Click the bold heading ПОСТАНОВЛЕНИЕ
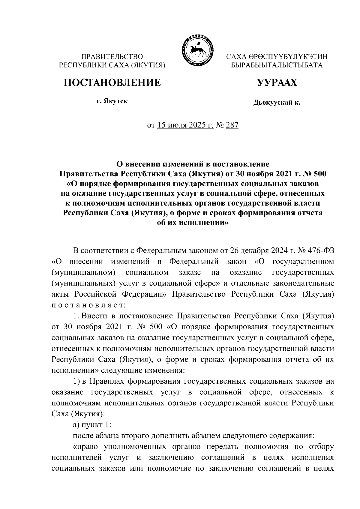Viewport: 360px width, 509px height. [112, 82]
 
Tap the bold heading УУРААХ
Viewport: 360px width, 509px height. [277, 82]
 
